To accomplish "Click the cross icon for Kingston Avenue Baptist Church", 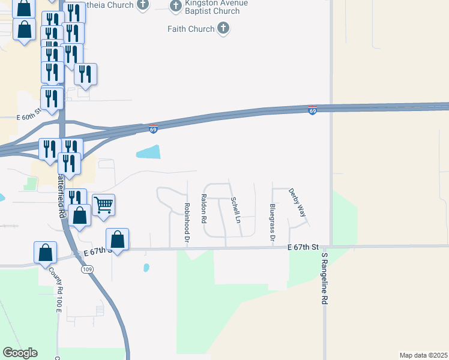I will [176, 6].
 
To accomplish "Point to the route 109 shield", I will [87, 269].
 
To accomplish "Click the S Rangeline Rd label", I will [325, 277].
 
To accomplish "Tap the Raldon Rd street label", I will [204, 208].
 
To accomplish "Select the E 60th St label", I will [29, 115].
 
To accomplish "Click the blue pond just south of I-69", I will [149, 152].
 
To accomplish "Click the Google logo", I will [20, 353].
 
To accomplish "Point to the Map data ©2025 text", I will [423, 355].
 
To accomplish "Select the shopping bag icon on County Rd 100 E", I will [45, 253].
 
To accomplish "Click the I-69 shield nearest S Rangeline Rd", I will [312, 111].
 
